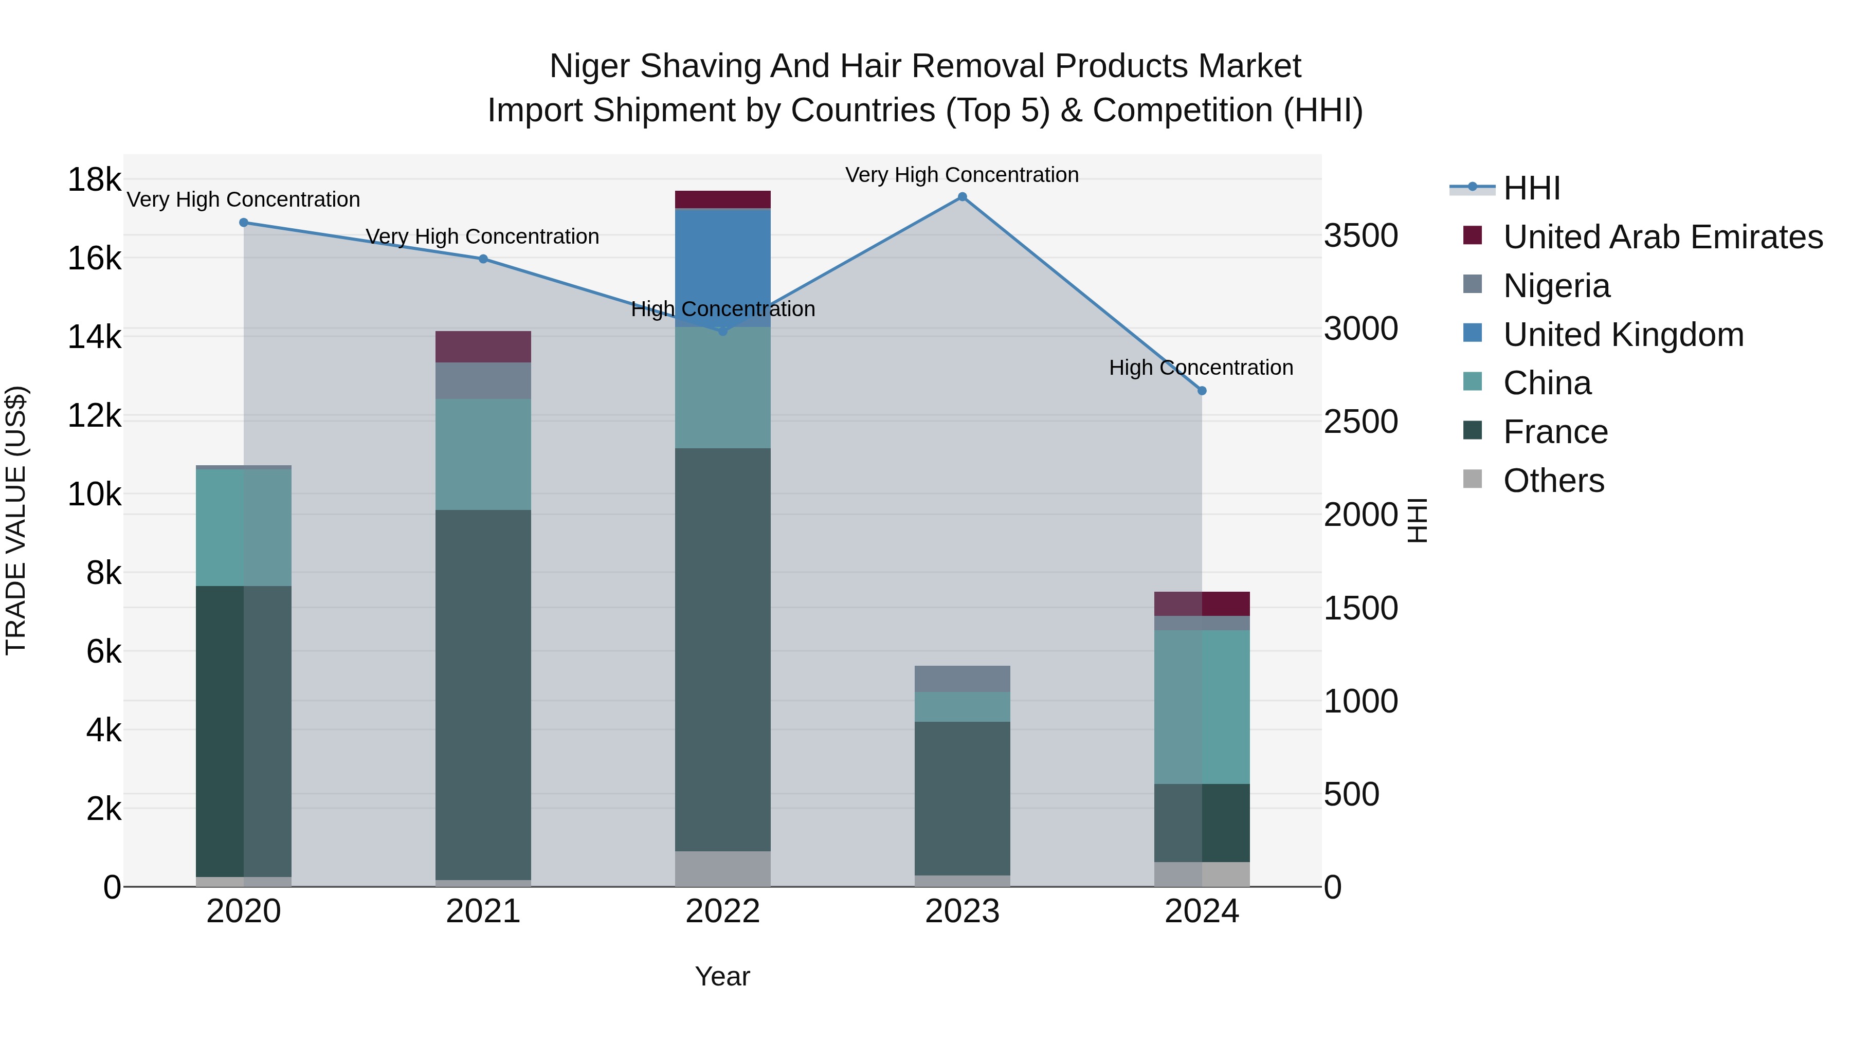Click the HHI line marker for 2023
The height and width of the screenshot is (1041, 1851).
pos(962,197)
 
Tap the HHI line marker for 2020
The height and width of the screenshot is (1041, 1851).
pos(244,223)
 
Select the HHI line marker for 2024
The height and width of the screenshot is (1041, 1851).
pos(1202,391)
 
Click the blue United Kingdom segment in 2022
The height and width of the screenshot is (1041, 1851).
pos(723,267)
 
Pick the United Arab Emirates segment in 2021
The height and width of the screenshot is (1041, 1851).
pos(483,347)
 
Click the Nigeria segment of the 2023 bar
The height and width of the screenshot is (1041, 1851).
pos(962,679)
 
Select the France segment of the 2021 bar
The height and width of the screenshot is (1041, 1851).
pos(483,695)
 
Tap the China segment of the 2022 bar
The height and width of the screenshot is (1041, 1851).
pos(723,388)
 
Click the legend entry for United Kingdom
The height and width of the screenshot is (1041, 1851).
pos(1623,335)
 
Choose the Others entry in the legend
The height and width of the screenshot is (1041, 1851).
pos(1553,481)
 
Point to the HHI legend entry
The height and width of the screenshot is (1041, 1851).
pos(1531,188)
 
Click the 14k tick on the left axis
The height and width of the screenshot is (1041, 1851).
pos(94,336)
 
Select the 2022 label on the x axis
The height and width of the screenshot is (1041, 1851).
pos(723,911)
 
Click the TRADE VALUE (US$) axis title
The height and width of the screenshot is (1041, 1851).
pos(16,520)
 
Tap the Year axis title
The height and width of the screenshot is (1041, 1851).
pos(722,976)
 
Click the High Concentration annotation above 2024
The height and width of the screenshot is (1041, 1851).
pos(1201,368)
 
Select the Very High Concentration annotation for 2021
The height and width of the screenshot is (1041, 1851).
pos(482,236)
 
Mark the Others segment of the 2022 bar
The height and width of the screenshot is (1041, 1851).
pos(723,869)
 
